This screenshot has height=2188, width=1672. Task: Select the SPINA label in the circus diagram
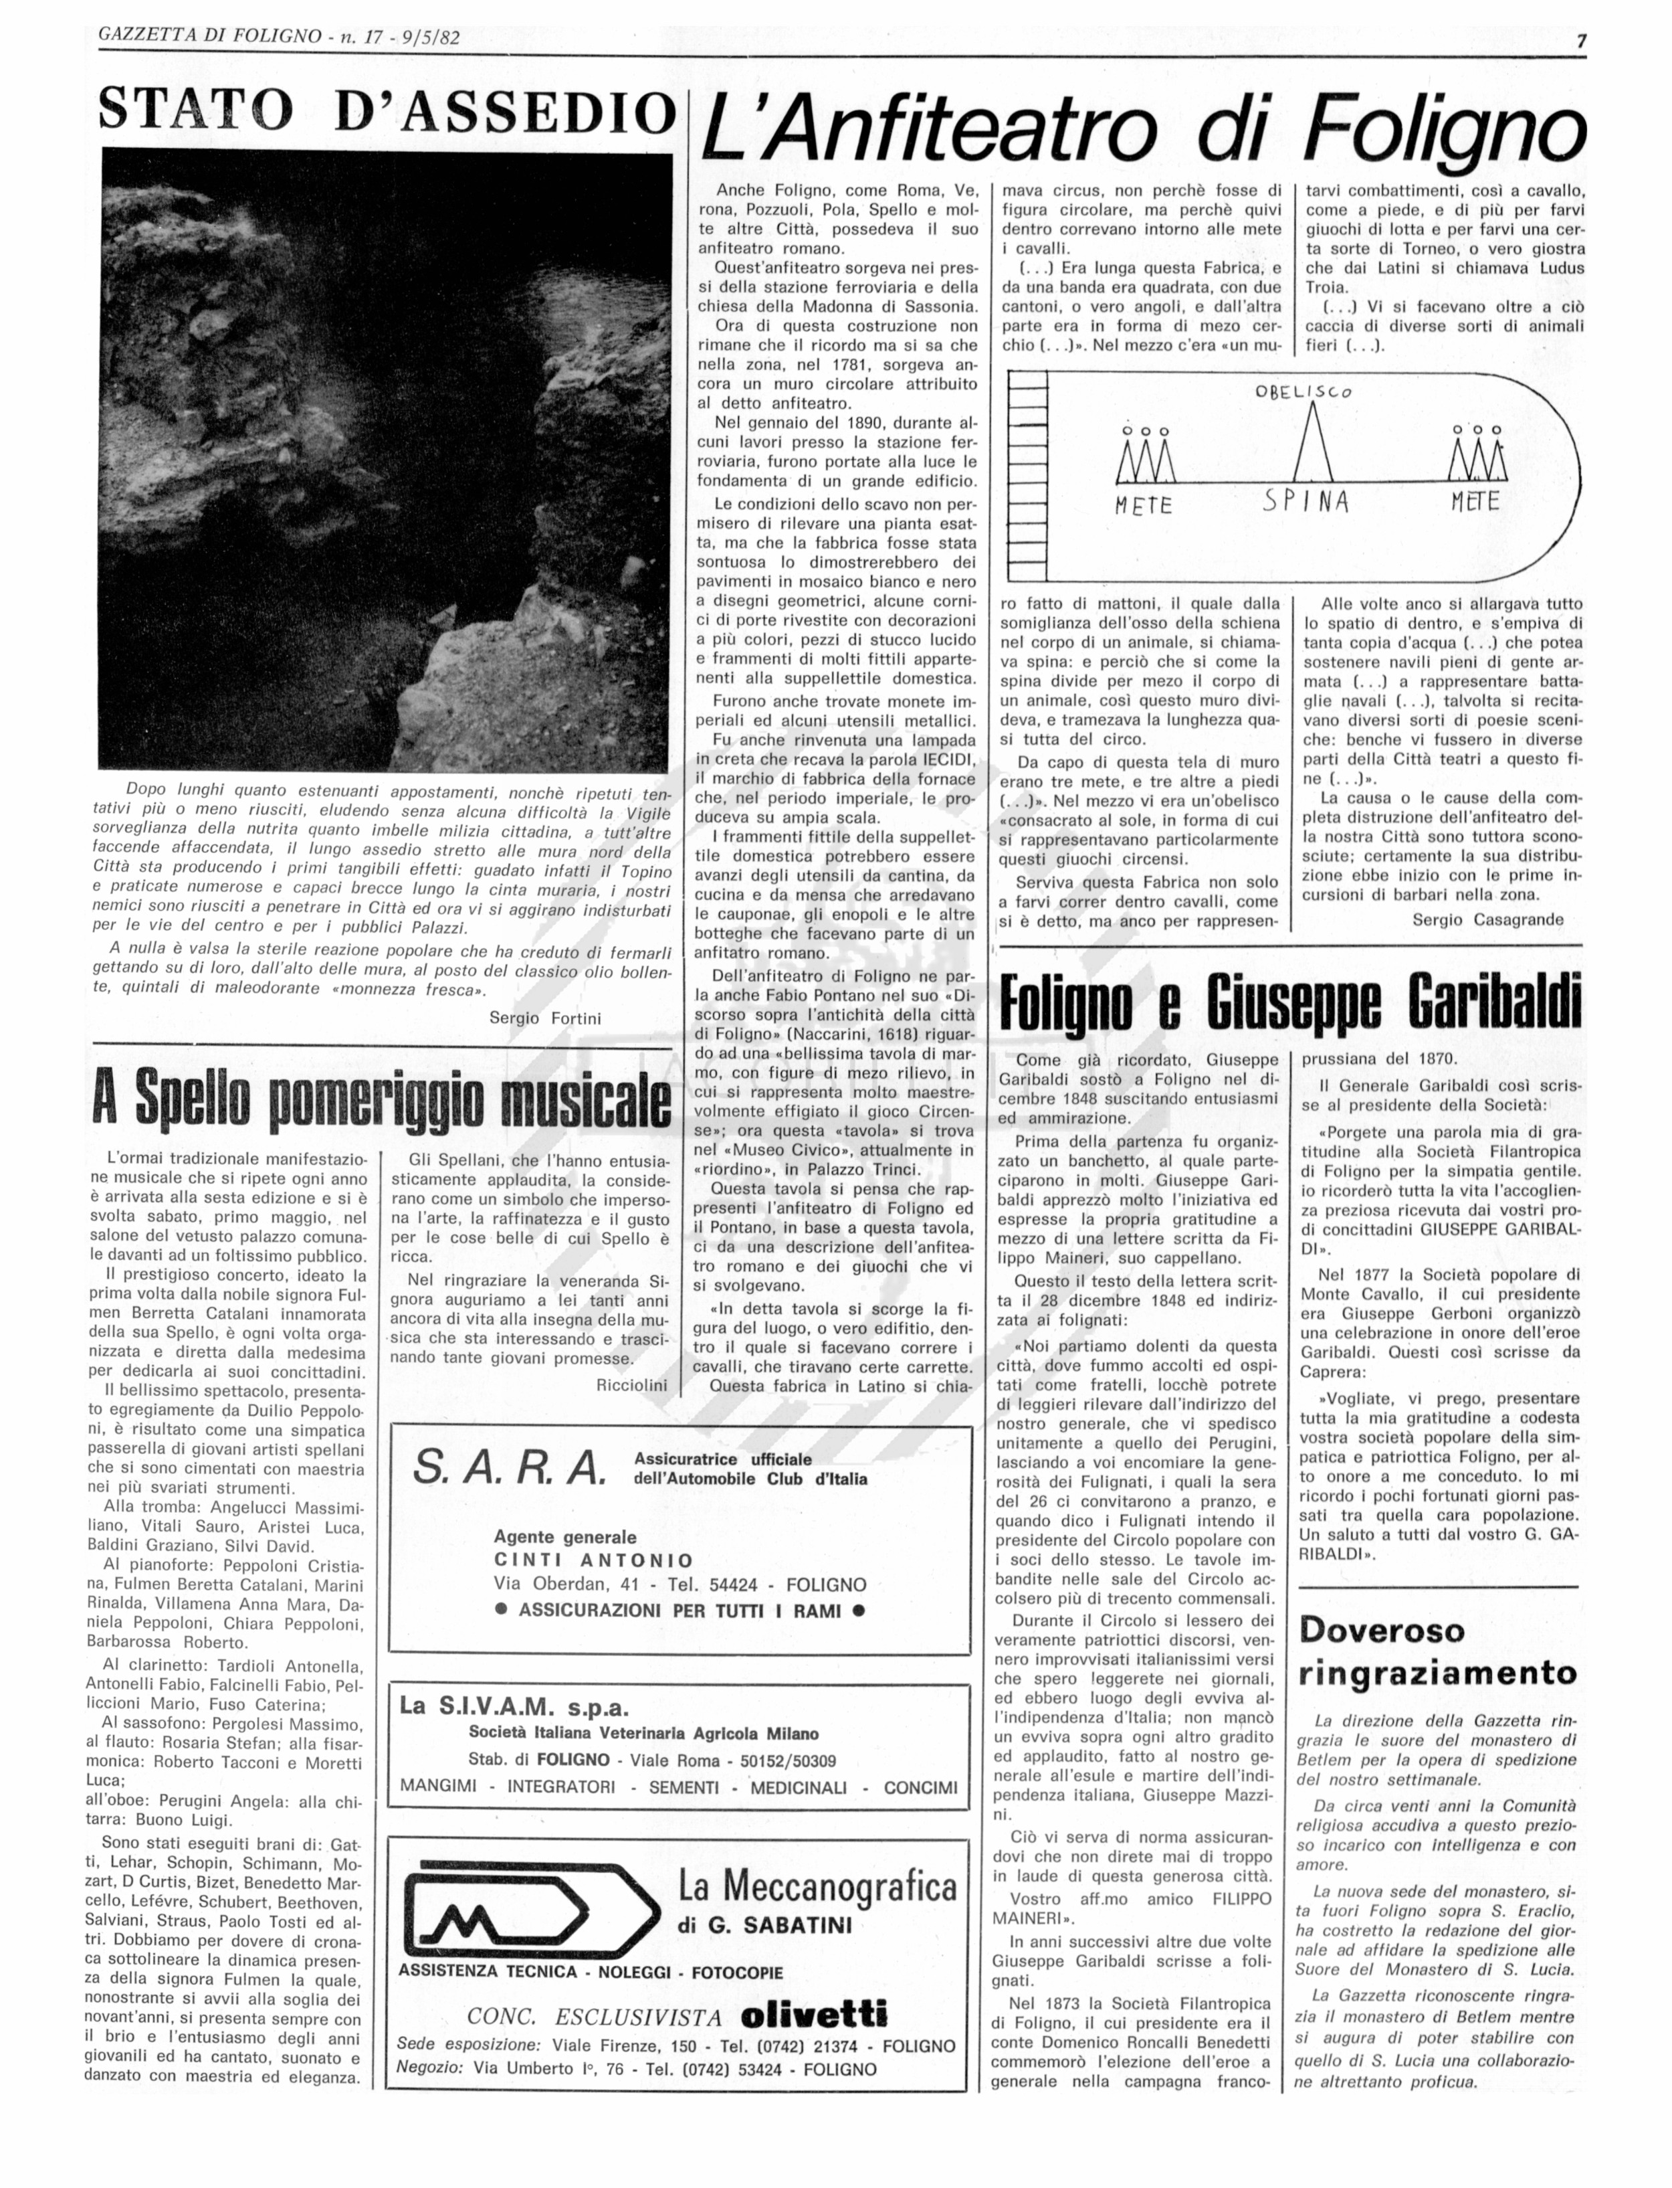(1305, 500)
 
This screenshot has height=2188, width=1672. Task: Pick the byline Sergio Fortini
(544, 1017)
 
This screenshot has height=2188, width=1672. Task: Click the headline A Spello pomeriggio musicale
(381, 1097)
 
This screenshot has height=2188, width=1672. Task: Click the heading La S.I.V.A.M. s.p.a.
(514, 1706)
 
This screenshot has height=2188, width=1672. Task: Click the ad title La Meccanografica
(816, 1886)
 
